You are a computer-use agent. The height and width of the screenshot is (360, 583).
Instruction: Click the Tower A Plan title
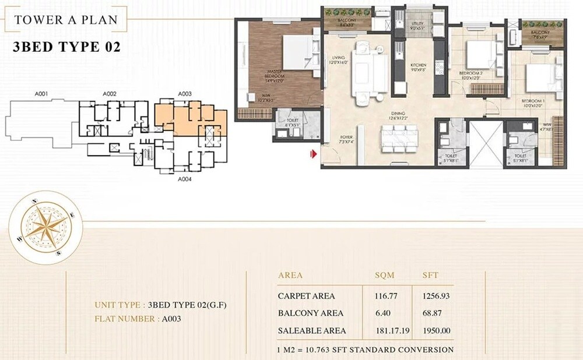click(65, 19)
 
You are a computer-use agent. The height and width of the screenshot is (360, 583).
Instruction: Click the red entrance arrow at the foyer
click(314, 154)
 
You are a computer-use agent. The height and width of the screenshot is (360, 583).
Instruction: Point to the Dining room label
click(399, 116)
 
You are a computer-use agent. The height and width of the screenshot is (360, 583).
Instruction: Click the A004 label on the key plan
click(185, 179)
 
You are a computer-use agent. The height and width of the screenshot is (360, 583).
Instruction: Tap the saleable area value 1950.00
click(436, 331)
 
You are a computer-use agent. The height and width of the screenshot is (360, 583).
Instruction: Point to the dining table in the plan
click(399, 138)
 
